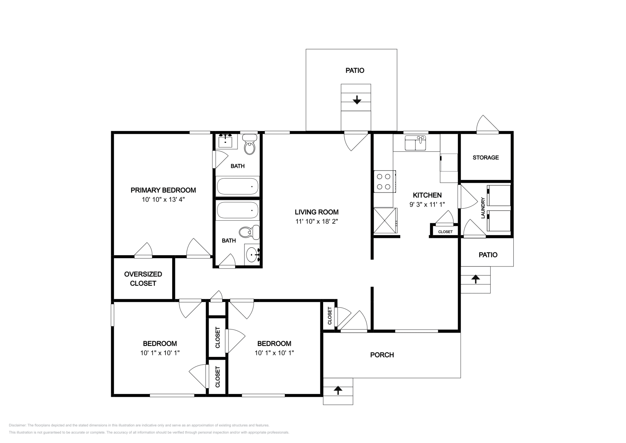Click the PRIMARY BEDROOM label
(163, 190)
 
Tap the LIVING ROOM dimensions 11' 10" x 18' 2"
(317, 221)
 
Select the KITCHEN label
(427, 195)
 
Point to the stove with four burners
(385, 182)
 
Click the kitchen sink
(415, 143)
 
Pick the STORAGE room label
(486, 158)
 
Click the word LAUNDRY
(483, 208)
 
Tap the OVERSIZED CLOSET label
(143, 279)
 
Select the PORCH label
(382, 355)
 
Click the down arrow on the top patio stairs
(356, 100)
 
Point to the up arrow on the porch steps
(338, 390)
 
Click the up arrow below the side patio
(476, 279)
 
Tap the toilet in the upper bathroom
(250, 144)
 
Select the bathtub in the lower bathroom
(237, 210)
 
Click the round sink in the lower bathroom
(252, 254)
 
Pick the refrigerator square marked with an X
(385, 221)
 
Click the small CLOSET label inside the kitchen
(445, 232)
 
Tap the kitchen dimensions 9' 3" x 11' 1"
(427, 205)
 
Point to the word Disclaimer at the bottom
(18, 425)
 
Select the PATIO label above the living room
(355, 70)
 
